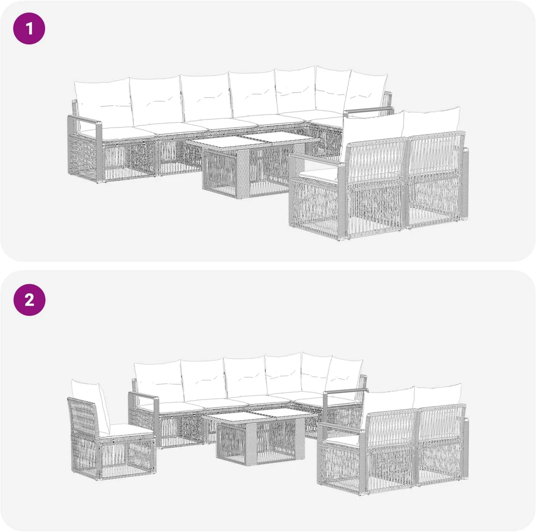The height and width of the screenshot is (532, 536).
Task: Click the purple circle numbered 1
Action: point(29,28)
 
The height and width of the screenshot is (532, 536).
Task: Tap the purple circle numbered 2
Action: point(29,300)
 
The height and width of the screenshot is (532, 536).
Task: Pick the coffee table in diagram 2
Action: point(258,437)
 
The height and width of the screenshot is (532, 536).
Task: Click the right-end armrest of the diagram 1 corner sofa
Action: point(369,111)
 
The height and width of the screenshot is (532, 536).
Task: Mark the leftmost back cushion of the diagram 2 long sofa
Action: point(158,382)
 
